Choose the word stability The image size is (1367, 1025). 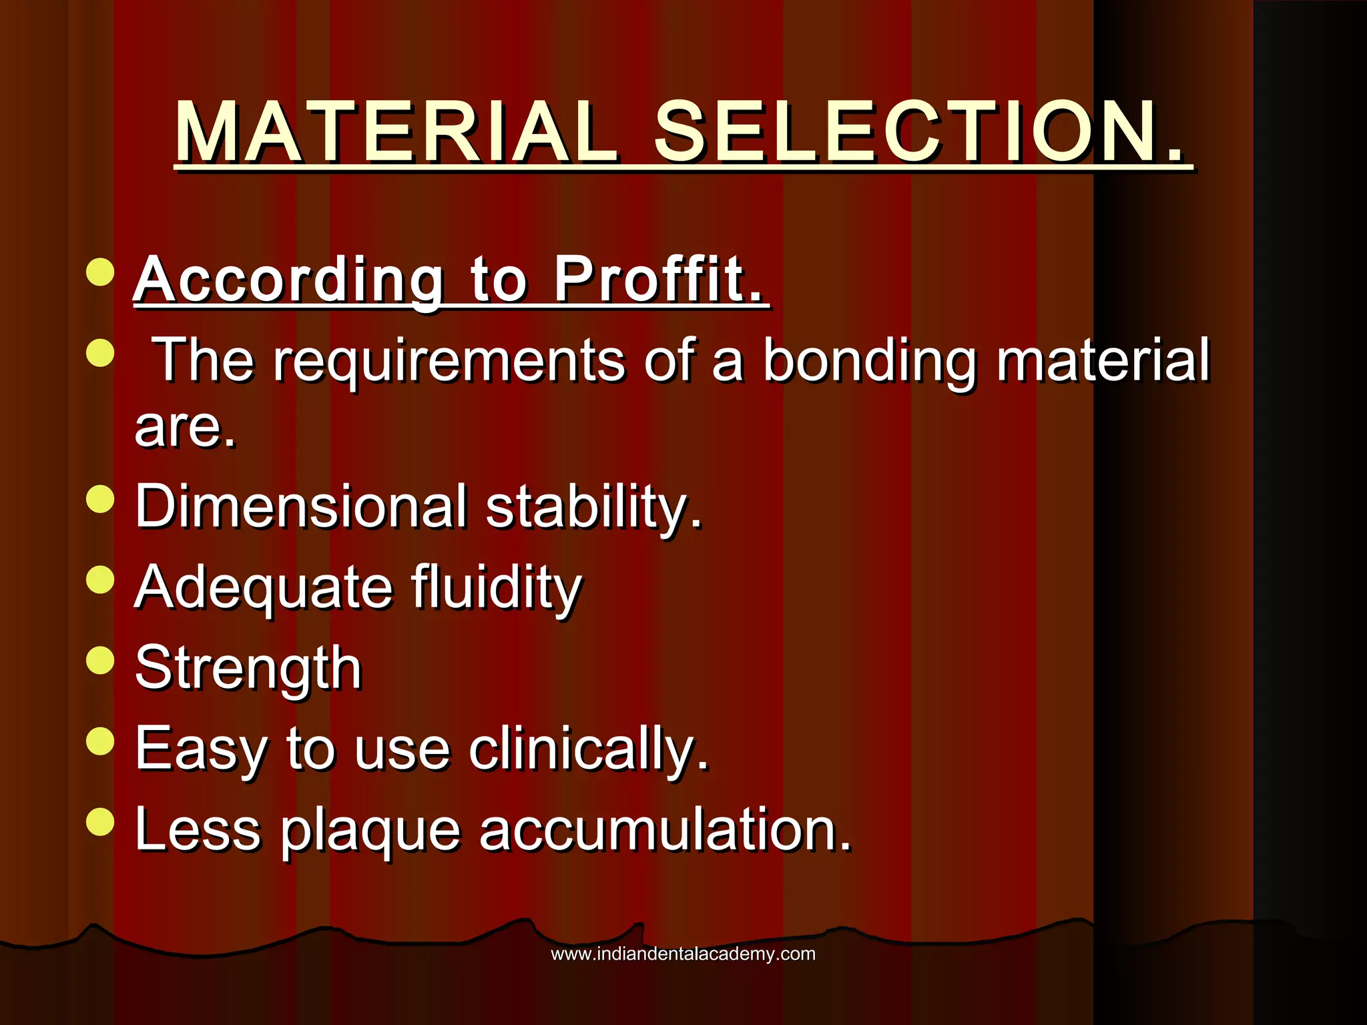594,507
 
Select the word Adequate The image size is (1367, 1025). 263,587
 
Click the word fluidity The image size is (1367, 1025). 497,587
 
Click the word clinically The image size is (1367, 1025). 587,749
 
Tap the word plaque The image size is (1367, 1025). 370,831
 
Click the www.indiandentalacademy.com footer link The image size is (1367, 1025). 683,954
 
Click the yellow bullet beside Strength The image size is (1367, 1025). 100,660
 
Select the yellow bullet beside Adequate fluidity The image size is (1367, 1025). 100,579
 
